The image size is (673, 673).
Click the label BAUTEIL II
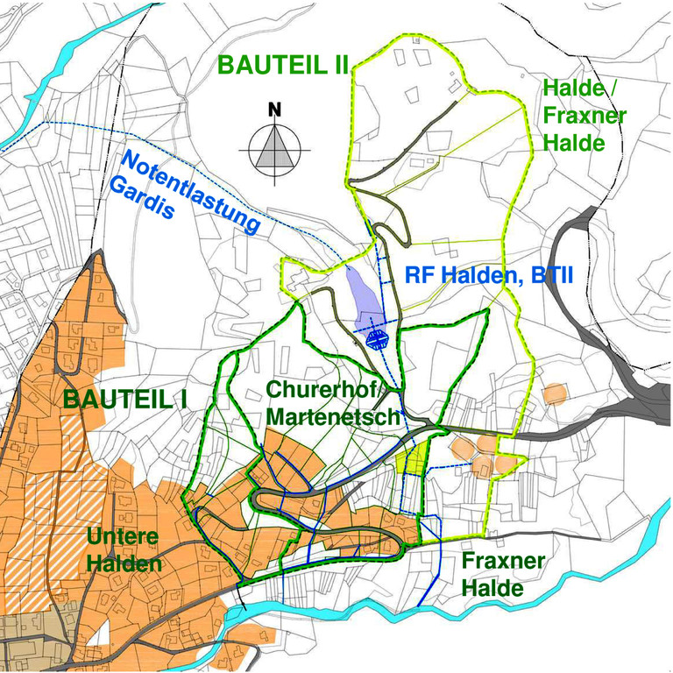(x=284, y=66)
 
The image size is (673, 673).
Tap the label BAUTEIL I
(x=126, y=399)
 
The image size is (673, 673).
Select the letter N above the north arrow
(x=275, y=110)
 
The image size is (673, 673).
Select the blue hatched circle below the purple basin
(x=378, y=338)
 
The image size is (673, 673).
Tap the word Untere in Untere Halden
(x=123, y=536)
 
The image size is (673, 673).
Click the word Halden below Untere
(x=123, y=563)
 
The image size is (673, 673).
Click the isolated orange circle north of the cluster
(x=555, y=393)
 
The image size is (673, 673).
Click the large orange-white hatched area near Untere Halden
(x=44, y=526)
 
